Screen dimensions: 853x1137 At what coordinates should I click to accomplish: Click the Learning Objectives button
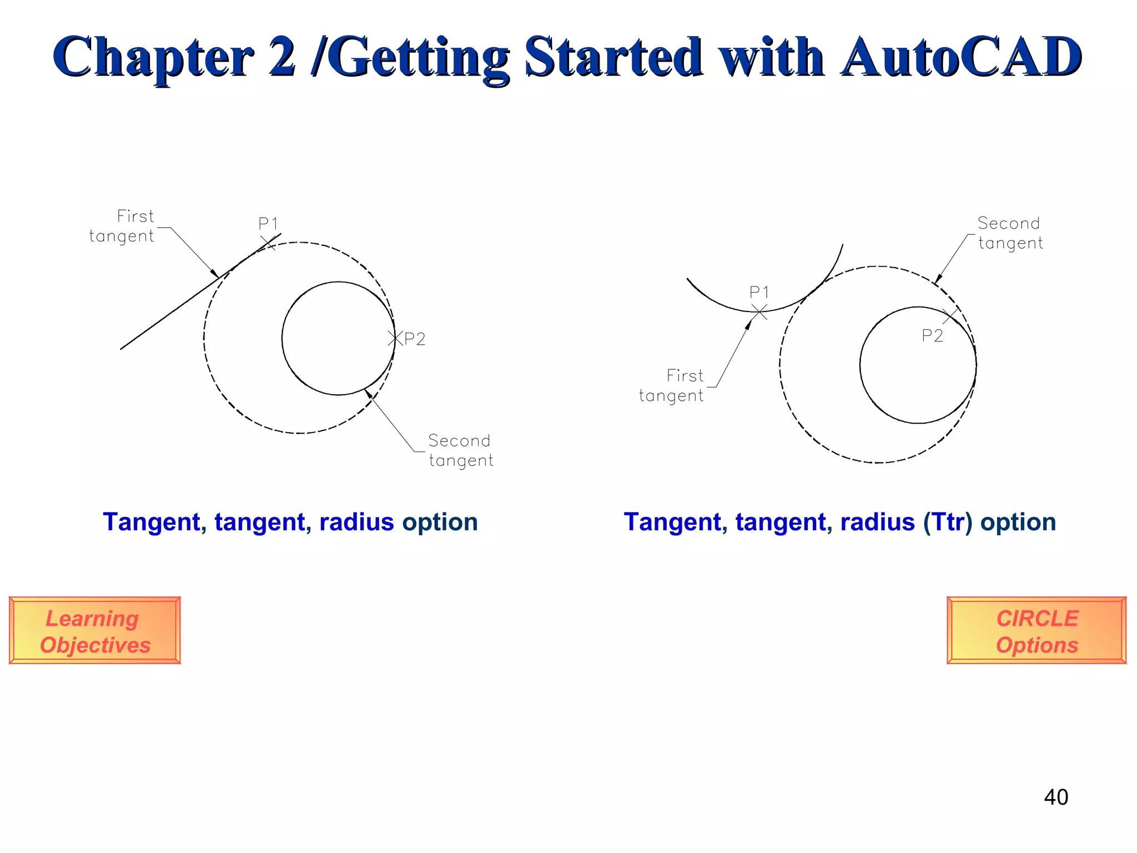95,631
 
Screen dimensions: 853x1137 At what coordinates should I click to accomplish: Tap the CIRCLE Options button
1037,631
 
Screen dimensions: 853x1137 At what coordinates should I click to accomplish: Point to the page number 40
1055,797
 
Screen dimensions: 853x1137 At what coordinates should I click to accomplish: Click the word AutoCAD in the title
960,57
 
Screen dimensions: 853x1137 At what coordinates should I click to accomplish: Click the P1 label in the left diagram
268,224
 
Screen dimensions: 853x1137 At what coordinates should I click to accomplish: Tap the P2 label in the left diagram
415,339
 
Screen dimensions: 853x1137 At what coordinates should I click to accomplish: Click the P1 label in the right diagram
759,292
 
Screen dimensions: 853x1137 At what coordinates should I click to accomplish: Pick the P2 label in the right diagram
932,335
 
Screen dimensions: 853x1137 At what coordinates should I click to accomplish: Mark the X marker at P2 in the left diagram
395,338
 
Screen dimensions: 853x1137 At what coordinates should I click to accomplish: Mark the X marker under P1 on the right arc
759,312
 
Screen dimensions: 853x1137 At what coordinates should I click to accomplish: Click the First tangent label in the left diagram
122,226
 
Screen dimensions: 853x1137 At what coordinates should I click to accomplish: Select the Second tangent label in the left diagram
460,450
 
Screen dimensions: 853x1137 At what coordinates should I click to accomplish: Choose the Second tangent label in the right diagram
1010,233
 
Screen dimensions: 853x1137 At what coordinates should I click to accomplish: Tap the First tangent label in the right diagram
672,385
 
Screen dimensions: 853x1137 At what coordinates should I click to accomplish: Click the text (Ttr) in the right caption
948,522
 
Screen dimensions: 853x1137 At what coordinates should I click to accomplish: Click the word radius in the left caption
356,522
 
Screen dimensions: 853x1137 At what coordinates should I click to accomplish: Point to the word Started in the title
613,57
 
